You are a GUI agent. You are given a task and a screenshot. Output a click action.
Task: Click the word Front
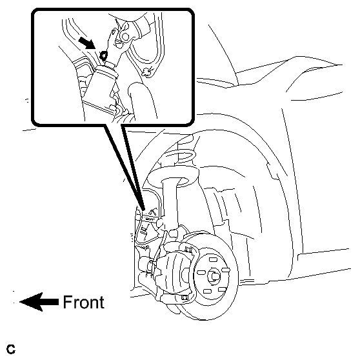click(84, 302)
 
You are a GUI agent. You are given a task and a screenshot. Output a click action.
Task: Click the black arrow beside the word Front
click(39, 302)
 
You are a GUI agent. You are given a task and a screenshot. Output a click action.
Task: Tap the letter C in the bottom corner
click(11, 349)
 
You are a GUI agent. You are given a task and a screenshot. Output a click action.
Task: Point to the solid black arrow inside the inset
click(87, 44)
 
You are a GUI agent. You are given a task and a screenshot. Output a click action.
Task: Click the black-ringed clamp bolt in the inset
click(104, 55)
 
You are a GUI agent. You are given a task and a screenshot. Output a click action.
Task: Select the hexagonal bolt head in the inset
click(125, 37)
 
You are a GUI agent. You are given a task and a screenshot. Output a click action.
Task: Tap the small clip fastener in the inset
click(147, 72)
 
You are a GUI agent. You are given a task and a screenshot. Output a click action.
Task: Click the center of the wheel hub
click(214, 276)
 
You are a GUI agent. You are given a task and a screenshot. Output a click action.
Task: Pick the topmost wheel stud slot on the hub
click(213, 259)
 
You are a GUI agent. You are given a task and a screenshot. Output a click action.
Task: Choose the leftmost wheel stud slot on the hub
click(201, 272)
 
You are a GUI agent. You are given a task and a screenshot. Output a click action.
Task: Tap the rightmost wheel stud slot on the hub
click(226, 270)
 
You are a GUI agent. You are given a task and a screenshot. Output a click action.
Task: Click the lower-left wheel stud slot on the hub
click(207, 291)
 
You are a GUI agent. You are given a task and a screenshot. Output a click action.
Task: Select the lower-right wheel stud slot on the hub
click(222, 289)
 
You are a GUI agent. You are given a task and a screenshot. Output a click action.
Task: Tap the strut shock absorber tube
click(170, 202)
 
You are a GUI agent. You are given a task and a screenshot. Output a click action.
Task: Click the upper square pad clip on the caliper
click(188, 249)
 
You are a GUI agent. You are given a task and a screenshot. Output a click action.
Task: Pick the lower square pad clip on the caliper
click(185, 297)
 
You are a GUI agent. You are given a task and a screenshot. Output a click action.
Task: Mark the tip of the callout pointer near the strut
click(144, 210)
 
